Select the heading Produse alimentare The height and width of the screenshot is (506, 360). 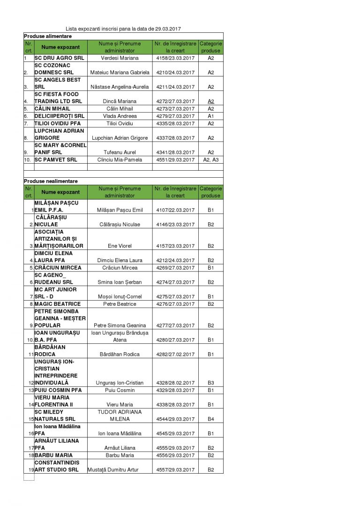pyautogui.click(x=45, y=36)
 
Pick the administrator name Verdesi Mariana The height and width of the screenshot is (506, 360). pyautogui.click(x=120, y=58)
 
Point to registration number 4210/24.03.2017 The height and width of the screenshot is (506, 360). pyautogui.click(x=175, y=73)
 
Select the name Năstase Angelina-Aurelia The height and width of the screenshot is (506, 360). pyautogui.click(x=120, y=87)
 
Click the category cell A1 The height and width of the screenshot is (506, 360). pyautogui.click(x=210, y=116)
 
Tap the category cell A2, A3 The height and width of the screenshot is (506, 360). pyautogui.click(x=210, y=160)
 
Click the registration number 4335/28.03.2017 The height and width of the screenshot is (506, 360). pyautogui.click(x=175, y=123)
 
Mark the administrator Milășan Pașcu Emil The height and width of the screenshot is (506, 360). pyautogui.click(x=120, y=210)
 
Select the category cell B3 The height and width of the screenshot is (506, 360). pyautogui.click(x=210, y=383)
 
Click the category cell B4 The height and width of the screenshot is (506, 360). pyautogui.click(x=210, y=419)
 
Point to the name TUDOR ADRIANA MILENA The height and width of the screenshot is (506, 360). pyautogui.click(x=120, y=415)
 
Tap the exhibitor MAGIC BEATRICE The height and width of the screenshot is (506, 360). pyautogui.click(x=58, y=304)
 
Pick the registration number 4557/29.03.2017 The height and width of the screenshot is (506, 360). pyautogui.click(x=175, y=469)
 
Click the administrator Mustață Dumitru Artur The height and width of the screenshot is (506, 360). pyautogui.click(x=113, y=469)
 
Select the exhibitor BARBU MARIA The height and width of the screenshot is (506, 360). pyautogui.click(x=53, y=455)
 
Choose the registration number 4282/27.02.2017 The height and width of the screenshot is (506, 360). pyautogui.click(x=175, y=354)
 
